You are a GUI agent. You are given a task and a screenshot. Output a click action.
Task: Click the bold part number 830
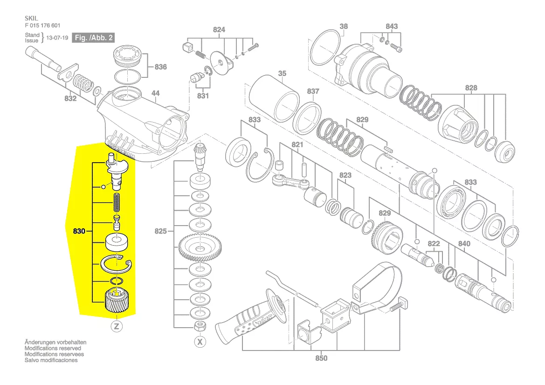(x=79, y=231)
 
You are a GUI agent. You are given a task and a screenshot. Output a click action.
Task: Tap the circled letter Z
(x=117, y=326)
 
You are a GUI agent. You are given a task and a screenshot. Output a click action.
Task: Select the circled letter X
(x=200, y=342)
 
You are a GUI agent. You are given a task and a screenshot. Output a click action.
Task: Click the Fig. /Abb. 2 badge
(x=93, y=38)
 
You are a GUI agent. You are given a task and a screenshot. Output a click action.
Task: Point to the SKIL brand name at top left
(x=31, y=19)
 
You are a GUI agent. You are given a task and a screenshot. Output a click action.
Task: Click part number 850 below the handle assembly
(x=321, y=358)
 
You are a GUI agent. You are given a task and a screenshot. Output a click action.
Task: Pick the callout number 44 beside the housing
(x=155, y=93)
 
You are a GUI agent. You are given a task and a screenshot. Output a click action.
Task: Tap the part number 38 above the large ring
(x=344, y=27)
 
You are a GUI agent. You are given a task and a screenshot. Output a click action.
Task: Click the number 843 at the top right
(x=392, y=27)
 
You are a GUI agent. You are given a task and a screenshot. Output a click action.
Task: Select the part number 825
(x=160, y=231)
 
